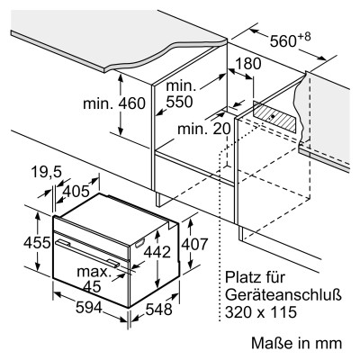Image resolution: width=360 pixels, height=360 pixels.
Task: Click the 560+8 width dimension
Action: pyautogui.click(x=290, y=40)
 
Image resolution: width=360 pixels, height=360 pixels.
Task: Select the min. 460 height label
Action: pyautogui.click(x=114, y=103)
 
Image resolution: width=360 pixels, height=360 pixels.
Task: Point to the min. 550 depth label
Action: pyautogui.click(x=180, y=94)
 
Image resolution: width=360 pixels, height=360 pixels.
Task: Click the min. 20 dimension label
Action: pyautogui.click(x=204, y=129)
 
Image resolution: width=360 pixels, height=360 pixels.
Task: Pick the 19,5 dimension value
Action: pyautogui.click(x=46, y=172)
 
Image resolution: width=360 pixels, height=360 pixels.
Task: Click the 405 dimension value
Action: pyautogui.click(x=76, y=191)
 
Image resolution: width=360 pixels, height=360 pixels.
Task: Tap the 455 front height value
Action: pyautogui.click(x=37, y=242)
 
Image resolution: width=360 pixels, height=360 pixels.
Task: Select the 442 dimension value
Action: pyautogui.click(x=157, y=252)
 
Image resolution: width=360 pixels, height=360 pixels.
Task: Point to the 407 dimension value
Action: pyautogui.click(x=194, y=244)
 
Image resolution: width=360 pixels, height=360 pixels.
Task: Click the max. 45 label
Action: pyautogui.click(x=94, y=279)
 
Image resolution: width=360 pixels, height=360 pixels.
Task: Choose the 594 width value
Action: pyautogui.click(x=89, y=307)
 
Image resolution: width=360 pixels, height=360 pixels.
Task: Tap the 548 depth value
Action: pyautogui.click(x=159, y=310)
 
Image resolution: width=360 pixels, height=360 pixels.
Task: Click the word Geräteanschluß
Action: pyautogui.click(x=283, y=295)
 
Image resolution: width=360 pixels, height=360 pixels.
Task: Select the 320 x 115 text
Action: pyautogui.click(x=261, y=312)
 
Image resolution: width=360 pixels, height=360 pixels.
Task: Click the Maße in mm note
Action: pyautogui.click(x=296, y=343)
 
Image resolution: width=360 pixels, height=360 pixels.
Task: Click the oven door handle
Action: pyautogui.click(x=89, y=253)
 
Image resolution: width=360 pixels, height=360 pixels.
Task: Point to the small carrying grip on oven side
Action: pyautogui.click(x=140, y=243)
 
